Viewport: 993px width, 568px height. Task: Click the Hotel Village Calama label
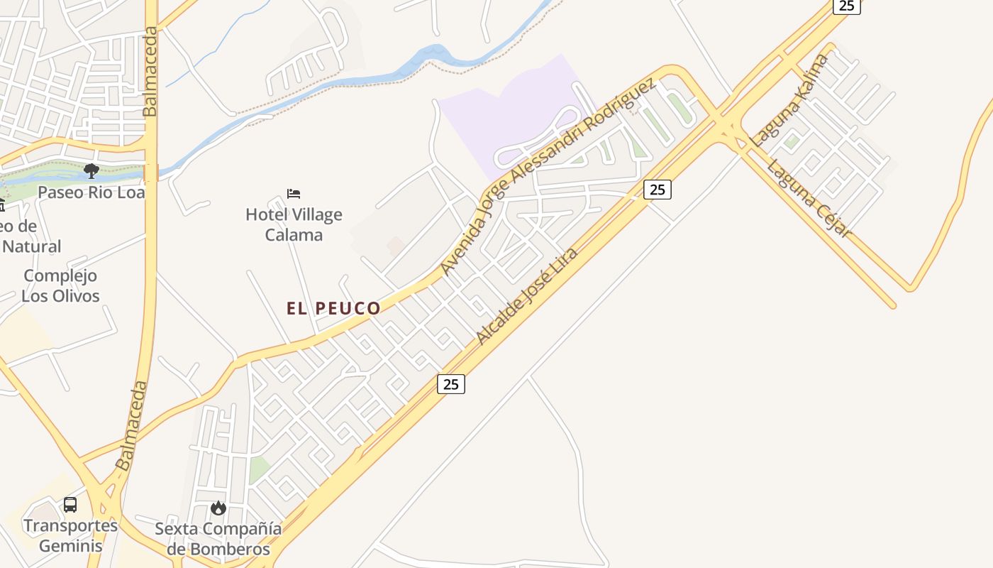click(x=294, y=224)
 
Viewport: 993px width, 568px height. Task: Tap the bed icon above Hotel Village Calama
click(x=294, y=193)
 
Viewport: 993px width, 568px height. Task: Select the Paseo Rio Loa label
click(x=91, y=192)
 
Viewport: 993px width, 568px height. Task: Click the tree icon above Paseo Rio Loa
click(x=91, y=170)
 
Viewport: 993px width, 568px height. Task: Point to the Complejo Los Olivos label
click(x=60, y=285)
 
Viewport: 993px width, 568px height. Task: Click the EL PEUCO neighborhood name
click(x=333, y=308)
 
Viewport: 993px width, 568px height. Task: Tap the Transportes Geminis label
click(x=70, y=535)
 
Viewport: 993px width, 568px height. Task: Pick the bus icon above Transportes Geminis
click(x=70, y=505)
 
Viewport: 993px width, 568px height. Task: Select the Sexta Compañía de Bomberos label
click(x=218, y=539)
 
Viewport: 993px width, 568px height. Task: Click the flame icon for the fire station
click(x=218, y=508)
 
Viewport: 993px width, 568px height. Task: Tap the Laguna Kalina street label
click(x=790, y=100)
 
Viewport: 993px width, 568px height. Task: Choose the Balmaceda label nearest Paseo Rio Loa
click(x=150, y=71)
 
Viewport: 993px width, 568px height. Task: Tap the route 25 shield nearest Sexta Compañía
click(x=450, y=384)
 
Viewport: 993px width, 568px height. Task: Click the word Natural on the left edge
click(x=32, y=246)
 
